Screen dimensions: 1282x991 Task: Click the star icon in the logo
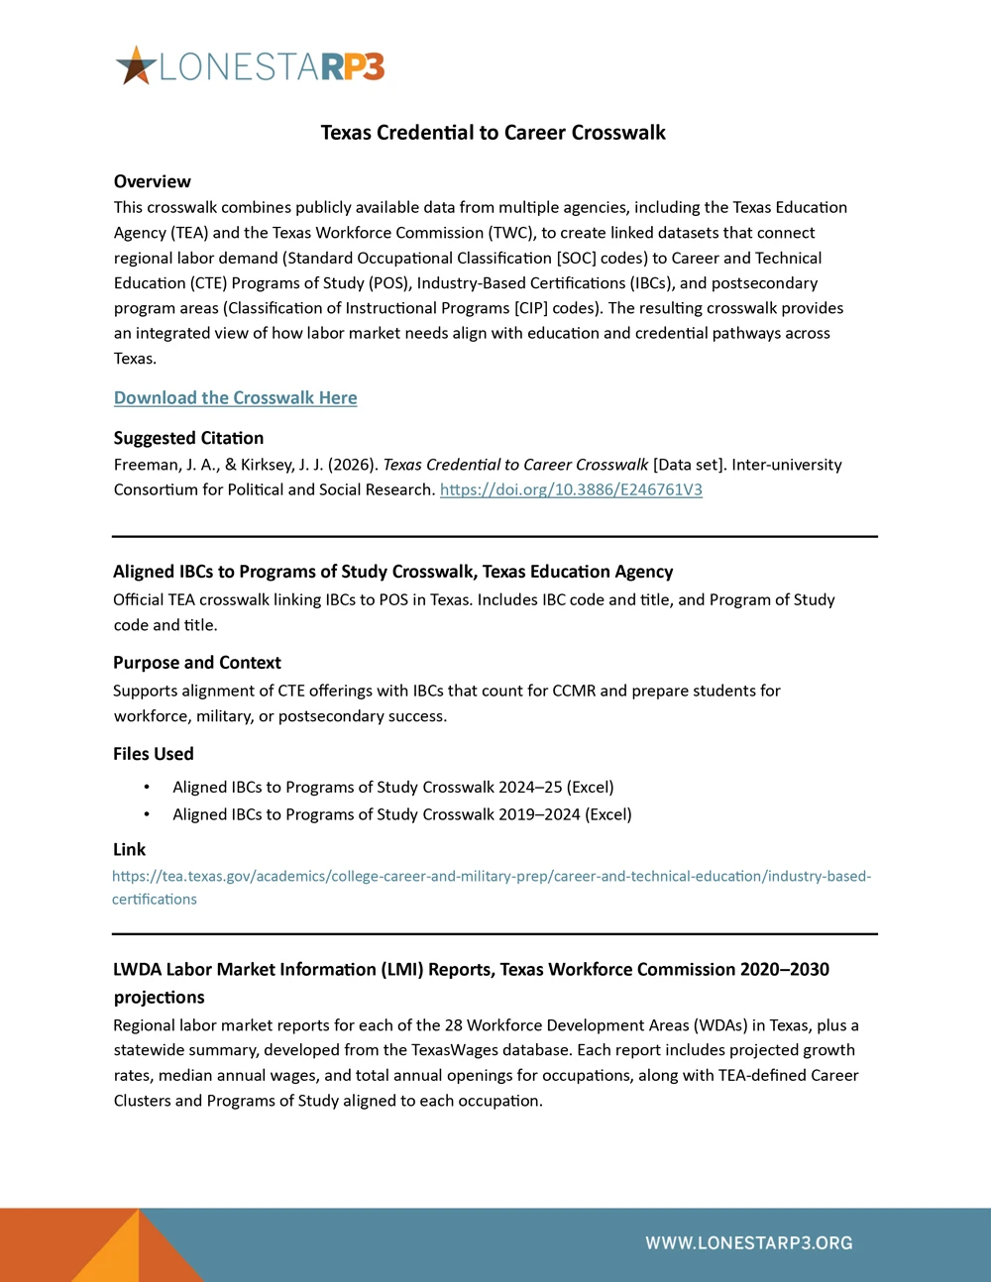(x=137, y=66)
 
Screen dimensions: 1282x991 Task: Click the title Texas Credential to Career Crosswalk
(x=493, y=133)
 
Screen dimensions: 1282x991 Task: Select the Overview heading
(x=152, y=181)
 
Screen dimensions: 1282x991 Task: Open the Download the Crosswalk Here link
(x=235, y=397)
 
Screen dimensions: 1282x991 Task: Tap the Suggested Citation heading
(x=188, y=438)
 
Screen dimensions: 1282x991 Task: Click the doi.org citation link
(x=571, y=489)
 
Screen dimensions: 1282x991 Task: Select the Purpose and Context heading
(x=196, y=663)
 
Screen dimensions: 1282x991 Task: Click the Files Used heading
(x=153, y=754)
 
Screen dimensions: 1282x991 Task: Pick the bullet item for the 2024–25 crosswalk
(x=392, y=787)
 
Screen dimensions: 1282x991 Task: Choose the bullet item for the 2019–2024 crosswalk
(x=401, y=814)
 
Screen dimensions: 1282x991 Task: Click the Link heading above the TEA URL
(x=129, y=849)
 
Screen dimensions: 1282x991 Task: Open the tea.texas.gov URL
(x=491, y=877)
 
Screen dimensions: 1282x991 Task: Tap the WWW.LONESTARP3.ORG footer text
(x=748, y=1243)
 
